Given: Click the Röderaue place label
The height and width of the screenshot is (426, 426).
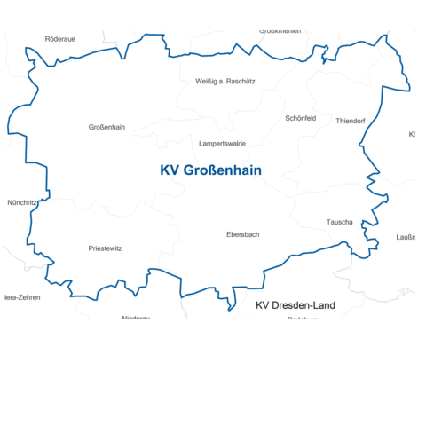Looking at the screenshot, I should pos(60,39).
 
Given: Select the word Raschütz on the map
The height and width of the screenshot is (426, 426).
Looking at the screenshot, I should pos(241,81).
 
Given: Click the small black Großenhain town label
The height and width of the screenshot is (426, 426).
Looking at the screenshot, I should pos(106,127).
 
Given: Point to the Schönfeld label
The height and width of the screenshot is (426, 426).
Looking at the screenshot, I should pos(301,118).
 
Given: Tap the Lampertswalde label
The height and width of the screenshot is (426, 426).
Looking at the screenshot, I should pos(223,143).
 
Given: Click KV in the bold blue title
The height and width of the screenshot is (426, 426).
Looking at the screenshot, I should pos(169,170).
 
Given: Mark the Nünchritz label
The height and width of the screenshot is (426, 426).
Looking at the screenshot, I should pos(22,202).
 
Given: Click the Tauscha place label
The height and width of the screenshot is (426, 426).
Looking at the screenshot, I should pos(340,221).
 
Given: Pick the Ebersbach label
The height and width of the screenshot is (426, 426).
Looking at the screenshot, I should pos(243,234).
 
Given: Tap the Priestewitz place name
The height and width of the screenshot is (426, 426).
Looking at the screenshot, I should pos(106,248).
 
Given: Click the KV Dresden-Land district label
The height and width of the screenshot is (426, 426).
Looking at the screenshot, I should pos(296,305).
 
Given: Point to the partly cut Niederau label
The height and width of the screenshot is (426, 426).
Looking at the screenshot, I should pos(136,317).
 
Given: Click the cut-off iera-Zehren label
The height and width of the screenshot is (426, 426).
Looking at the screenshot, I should pos(21,297).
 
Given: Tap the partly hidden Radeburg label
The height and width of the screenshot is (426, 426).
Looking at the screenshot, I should pos(303,318).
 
